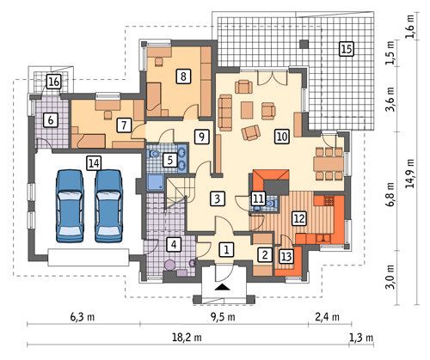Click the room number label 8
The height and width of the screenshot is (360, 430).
(x=183, y=76)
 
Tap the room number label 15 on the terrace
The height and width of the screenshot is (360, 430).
(x=347, y=49)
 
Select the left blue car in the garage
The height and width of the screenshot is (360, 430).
(x=71, y=206)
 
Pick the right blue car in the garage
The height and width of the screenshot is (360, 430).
(x=109, y=206)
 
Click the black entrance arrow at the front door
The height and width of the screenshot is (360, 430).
(x=222, y=287)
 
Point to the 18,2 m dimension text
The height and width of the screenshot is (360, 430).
(x=187, y=338)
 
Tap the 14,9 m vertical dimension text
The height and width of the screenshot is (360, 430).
(x=411, y=174)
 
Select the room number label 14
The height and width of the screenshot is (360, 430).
(x=94, y=163)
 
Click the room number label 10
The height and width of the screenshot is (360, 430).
(x=282, y=137)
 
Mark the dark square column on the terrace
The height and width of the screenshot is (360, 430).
(x=304, y=44)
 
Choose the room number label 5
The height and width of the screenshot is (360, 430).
(x=170, y=160)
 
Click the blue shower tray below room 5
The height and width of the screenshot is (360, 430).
(x=156, y=183)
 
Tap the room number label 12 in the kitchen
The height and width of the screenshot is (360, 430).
(x=299, y=219)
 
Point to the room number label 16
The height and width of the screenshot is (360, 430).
(x=54, y=82)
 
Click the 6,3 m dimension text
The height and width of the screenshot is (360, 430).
(x=83, y=317)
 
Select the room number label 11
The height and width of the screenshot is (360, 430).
(x=258, y=198)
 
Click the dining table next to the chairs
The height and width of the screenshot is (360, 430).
(x=329, y=164)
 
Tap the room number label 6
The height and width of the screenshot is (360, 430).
(x=51, y=120)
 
